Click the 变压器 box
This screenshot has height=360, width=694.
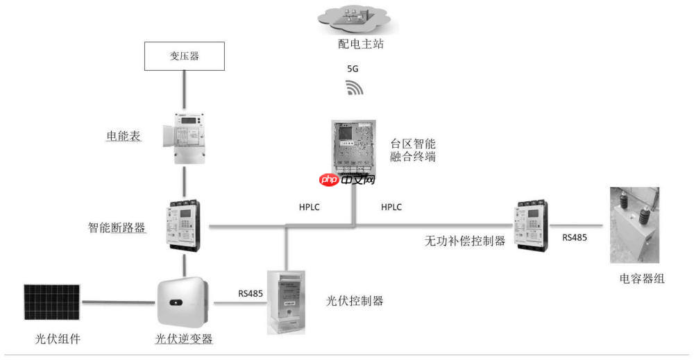(x=185, y=56)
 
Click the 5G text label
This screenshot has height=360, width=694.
(x=353, y=69)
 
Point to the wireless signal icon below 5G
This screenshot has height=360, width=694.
(x=354, y=87)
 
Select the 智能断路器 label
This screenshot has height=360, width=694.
(x=117, y=228)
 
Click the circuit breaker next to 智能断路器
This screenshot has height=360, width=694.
(x=184, y=225)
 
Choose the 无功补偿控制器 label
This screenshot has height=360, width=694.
(x=465, y=241)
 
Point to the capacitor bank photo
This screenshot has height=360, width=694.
(x=634, y=225)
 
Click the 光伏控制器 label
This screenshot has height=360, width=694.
(x=355, y=301)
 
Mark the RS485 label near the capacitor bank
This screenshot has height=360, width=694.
(x=575, y=237)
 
